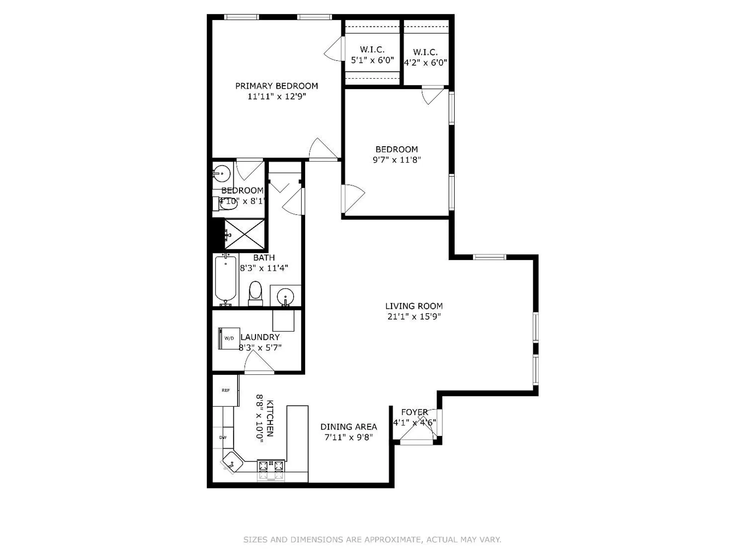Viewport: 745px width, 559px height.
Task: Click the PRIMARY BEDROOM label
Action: click(276, 86)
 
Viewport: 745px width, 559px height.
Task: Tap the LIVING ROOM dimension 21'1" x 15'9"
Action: click(414, 317)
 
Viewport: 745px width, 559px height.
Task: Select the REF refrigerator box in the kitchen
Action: click(225, 390)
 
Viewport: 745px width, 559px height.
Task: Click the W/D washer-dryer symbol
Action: click(228, 338)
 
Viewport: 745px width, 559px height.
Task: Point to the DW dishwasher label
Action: click(223, 438)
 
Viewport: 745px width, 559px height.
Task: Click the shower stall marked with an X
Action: click(244, 234)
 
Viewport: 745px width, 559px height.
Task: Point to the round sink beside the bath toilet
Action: click(285, 297)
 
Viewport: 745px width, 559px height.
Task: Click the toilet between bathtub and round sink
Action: click(255, 292)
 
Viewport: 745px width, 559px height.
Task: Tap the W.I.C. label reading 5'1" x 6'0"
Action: click(372, 55)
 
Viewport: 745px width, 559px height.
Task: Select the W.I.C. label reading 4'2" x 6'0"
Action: click(425, 57)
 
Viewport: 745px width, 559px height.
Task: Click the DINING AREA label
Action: click(349, 427)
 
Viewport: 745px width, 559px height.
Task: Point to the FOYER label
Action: click(414, 412)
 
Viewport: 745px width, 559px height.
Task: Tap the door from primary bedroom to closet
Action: click(334, 48)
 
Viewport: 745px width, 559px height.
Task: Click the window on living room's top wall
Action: click(489, 257)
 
